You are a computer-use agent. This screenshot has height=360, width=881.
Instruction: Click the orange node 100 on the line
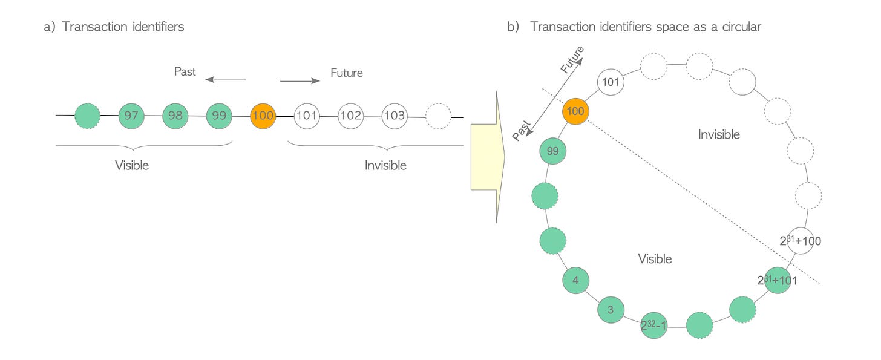point(263,115)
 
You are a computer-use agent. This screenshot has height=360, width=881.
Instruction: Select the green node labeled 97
point(132,115)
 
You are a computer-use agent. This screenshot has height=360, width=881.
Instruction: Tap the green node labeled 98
point(175,115)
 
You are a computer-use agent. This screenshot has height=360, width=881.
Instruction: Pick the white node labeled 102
point(350,115)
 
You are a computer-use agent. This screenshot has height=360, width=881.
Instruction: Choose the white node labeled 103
point(394,115)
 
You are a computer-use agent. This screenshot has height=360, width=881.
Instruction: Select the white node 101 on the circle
point(611,82)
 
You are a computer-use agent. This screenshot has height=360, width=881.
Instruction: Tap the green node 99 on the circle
point(552,152)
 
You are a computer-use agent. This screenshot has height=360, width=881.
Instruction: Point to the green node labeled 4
point(575,280)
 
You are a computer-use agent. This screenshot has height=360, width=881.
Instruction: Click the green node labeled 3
point(611,310)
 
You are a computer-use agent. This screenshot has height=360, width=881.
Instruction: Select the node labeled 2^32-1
point(654,325)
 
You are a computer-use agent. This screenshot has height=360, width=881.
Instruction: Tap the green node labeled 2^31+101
point(777,280)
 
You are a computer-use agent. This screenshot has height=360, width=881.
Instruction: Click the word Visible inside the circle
point(655,259)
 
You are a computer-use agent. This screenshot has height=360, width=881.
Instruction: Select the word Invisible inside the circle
point(719,134)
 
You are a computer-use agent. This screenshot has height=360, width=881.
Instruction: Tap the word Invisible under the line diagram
point(385,165)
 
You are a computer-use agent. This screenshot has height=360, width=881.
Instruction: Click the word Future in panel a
point(346,73)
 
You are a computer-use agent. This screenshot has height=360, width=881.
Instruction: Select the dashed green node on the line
point(88,115)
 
